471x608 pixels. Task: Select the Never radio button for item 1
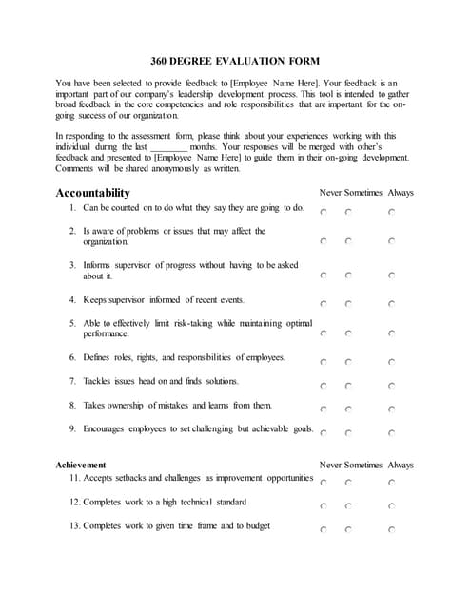(324, 213)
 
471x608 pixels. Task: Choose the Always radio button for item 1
(392, 213)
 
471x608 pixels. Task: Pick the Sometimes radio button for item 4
(348, 304)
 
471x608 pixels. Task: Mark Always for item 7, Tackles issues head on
(392, 386)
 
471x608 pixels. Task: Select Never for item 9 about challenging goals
(324, 432)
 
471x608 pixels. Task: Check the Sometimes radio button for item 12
(348, 506)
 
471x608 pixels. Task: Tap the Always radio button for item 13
(392, 530)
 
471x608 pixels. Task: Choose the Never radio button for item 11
(324, 484)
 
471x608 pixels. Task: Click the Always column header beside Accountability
(401, 193)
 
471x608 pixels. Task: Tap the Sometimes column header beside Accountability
(363, 193)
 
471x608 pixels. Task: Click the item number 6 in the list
(72, 357)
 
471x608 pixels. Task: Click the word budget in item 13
(258, 525)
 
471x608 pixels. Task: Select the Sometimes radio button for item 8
(348, 409)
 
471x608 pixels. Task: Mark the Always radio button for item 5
(392, 333)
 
